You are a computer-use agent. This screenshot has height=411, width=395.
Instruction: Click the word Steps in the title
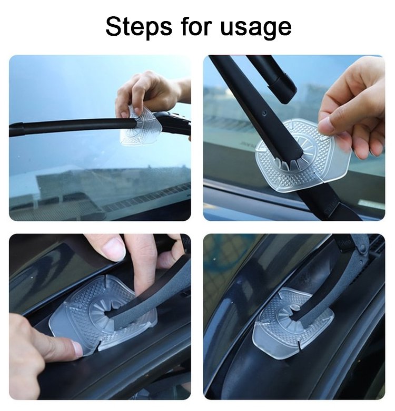(139, 27)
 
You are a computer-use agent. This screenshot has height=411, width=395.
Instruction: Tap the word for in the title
(196, 26)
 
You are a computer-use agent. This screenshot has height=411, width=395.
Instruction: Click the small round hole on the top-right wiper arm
(264, 113)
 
